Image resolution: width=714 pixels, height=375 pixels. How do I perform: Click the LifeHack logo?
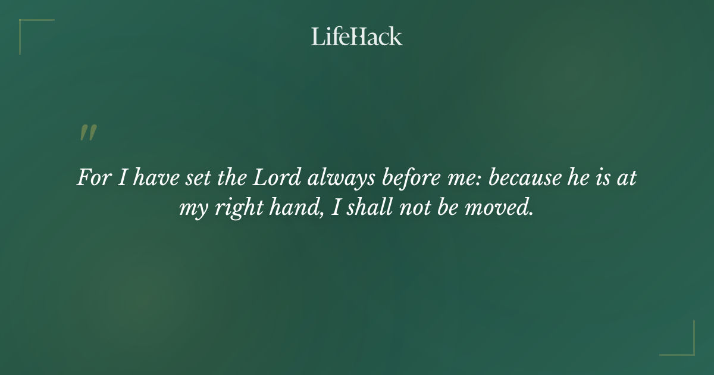(x=357, y=36)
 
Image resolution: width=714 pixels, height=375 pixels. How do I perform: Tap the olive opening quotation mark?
(x=88, y=133)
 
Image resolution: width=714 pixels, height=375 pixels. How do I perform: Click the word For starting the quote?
(x=92, y=178)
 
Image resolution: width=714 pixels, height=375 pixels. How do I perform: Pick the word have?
(x=147, y=178)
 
